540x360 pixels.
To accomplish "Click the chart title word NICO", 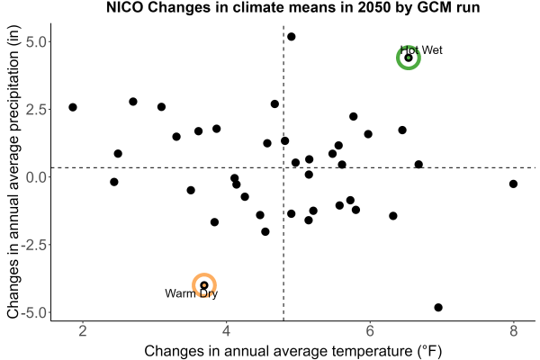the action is coord(125,7).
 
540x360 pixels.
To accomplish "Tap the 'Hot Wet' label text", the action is coord(421,50).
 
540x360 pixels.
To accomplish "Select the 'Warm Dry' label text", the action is coord(191,293).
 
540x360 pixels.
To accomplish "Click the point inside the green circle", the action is coord(409,58).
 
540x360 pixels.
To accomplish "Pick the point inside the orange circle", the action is coord(204,285).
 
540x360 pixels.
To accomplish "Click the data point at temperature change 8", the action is coord(513,184).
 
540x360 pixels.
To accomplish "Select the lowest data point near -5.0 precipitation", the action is coord(438,307).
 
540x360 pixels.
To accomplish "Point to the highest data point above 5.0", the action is coord(291,37).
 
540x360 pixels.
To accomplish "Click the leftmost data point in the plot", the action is coord(73,107).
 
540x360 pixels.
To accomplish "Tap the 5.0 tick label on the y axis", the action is coord(36,42).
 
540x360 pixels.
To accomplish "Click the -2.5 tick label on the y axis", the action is coord(34,245).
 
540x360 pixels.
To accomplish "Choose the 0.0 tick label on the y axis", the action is coord(36,177).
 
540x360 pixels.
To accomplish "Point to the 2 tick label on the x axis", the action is coord(82,331).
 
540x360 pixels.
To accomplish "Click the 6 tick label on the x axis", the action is coord(370,331).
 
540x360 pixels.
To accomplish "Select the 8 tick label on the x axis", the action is coord(514,331).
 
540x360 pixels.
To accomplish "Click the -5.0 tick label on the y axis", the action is coord(34,313).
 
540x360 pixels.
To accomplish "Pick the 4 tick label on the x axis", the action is coord(226,331).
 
